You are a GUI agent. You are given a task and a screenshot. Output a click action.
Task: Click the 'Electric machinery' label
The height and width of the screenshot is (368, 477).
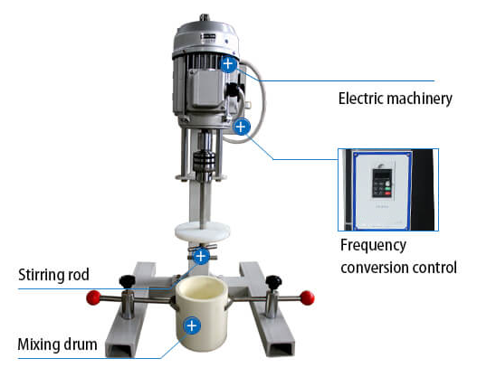coord(396,99)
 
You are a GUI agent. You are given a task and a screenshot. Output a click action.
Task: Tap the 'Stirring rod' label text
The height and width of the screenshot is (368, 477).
coord(53,275)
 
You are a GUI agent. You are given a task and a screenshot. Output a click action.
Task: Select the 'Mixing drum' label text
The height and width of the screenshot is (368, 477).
coord(58,344)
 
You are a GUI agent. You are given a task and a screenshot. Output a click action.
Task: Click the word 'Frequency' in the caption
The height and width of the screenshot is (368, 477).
coord(373,246)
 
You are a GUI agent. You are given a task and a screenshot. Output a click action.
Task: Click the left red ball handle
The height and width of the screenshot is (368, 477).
coord(93,297)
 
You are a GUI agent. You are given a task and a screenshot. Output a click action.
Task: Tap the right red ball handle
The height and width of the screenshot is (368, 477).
coord(307,297)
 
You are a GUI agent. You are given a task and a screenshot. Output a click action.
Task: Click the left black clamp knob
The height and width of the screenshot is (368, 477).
coord(127,281)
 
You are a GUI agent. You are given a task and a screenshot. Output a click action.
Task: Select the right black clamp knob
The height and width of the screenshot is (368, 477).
coord(273,282)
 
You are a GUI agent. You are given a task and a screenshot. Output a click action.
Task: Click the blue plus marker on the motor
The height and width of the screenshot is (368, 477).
coord(228,64)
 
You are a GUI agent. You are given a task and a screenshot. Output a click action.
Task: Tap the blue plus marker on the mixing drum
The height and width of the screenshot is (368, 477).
coord(192,326)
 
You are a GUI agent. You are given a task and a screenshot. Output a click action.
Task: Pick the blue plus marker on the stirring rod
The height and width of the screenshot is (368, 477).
coord(201,256)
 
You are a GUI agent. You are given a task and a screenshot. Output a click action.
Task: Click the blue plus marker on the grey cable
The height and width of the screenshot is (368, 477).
coord(242,127)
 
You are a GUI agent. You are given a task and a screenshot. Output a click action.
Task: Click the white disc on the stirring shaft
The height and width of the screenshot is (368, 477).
coord(203,231)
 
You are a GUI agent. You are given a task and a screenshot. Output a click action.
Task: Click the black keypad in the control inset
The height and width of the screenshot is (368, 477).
coord(382,183)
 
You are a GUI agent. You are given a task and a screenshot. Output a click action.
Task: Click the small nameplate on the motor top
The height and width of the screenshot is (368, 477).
coord(208,37)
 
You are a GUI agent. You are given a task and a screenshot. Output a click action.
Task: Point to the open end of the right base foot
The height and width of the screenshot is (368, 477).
coord(282,348)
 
